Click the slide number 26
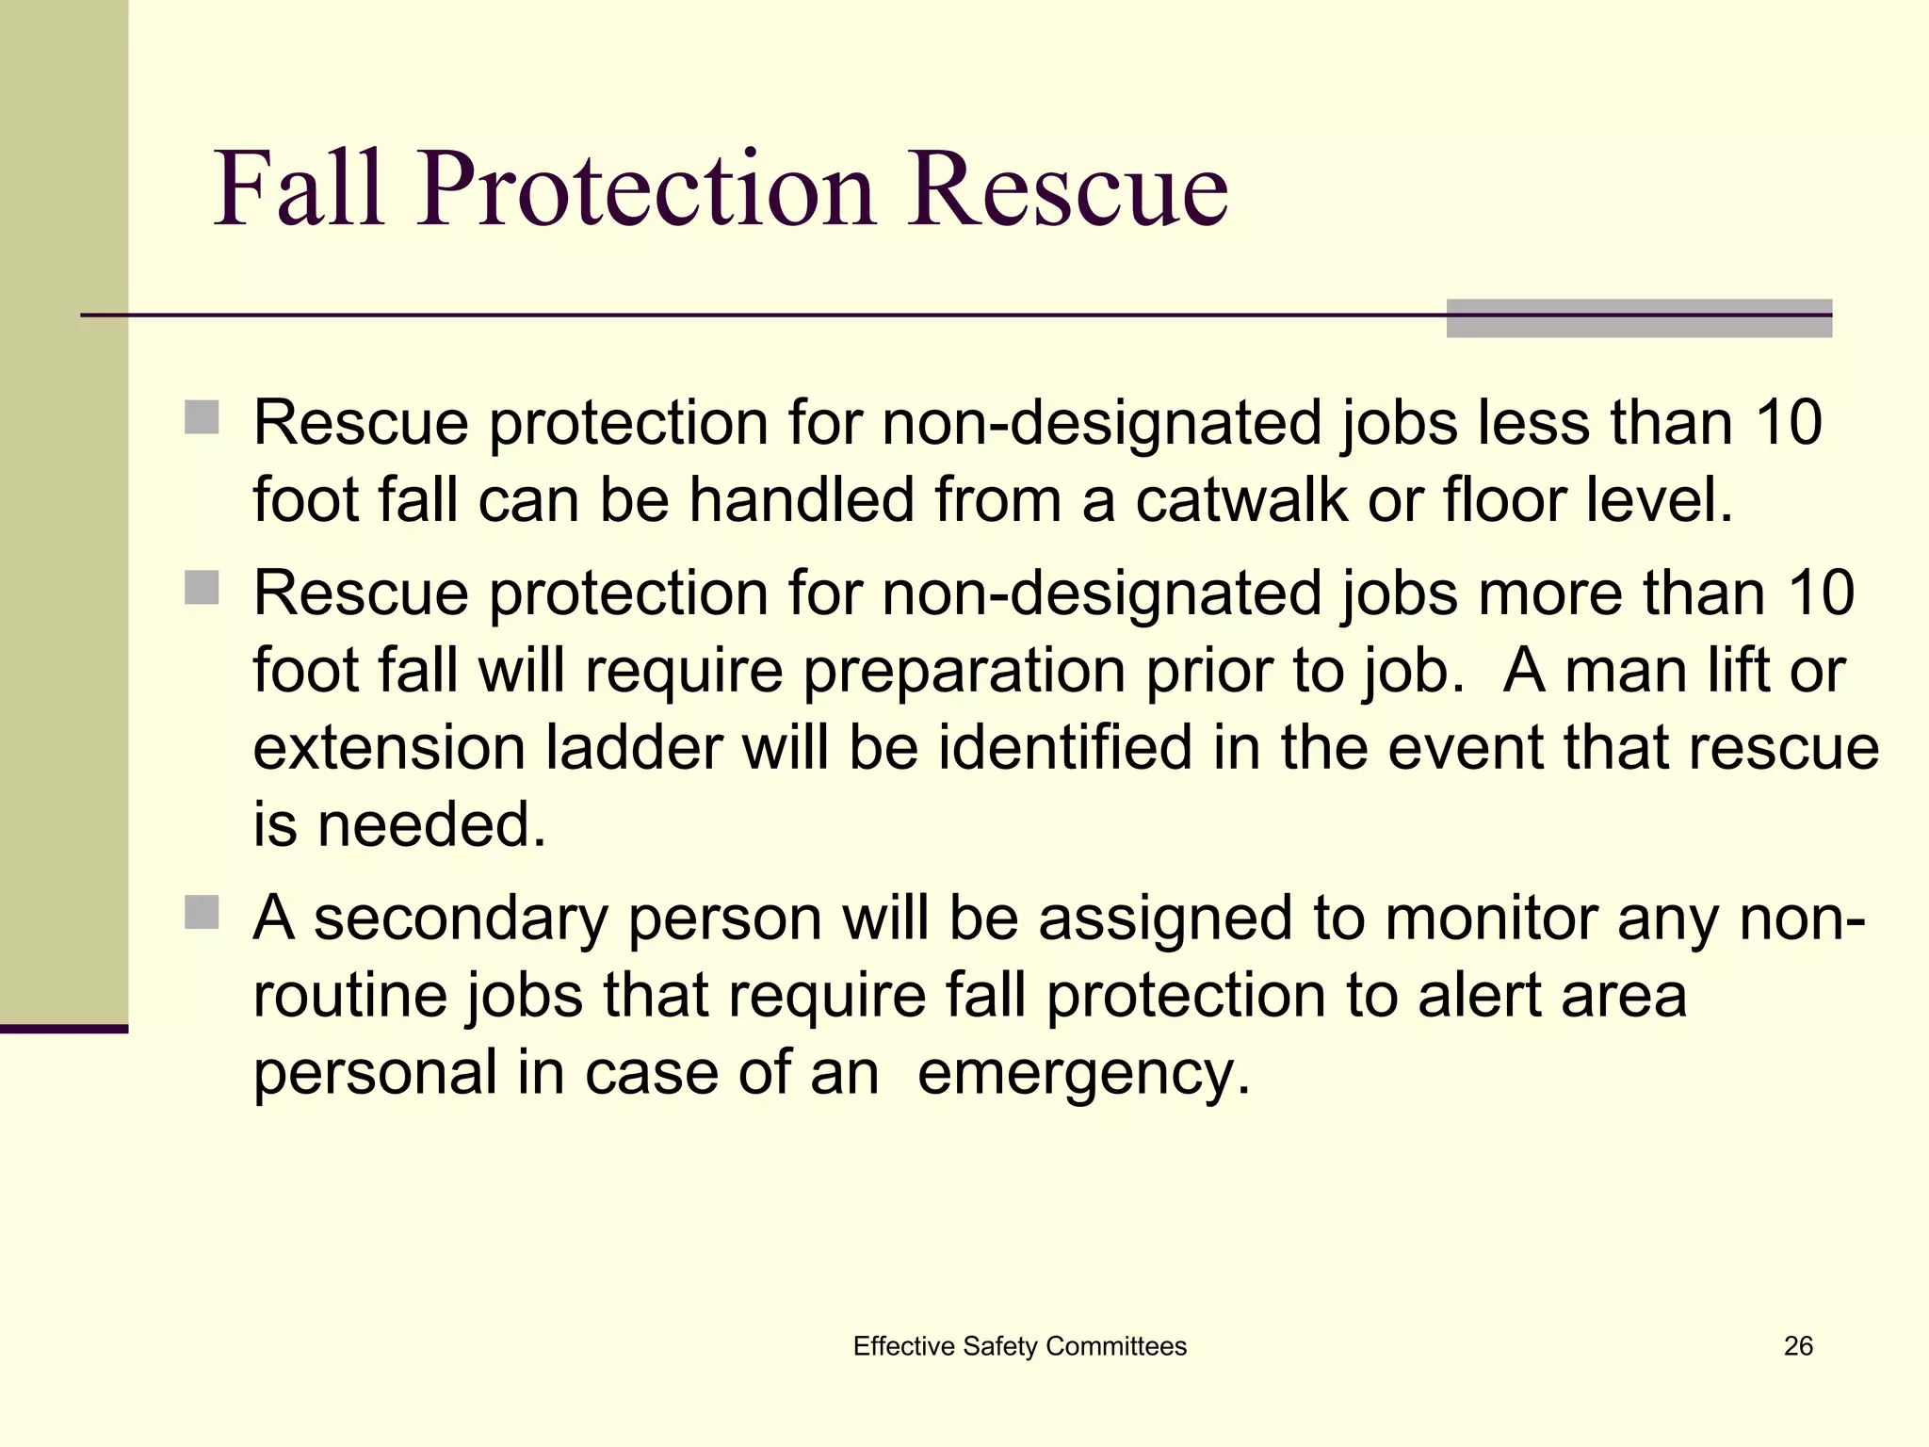(1798, 1346)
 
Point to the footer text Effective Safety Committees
(1019, 1346)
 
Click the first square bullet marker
(202, 417)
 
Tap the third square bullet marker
(202, 912)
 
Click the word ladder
(635, 747)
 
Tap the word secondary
(462, 919)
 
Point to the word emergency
(1083, 1074)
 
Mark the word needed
(431, 824)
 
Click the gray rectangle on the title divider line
(1639, 318)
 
